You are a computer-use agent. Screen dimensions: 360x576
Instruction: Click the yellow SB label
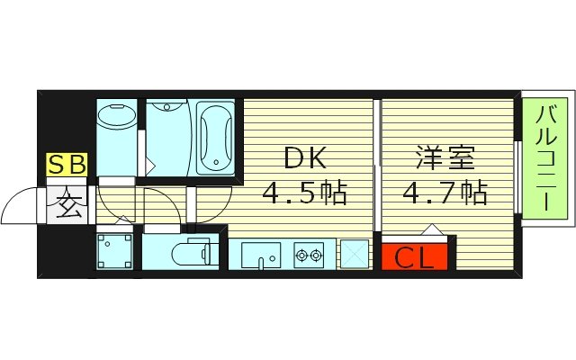[x=67, y=166]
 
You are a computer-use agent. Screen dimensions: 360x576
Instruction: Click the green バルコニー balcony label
[x=545, y=158]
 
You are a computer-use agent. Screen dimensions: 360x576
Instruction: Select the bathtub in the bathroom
[x=216, y=138]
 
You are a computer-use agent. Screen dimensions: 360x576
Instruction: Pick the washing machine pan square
[x=115, y=251]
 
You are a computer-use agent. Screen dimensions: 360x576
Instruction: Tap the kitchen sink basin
[x=261, y=255]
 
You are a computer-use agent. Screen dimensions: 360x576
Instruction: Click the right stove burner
[x=317, y=255]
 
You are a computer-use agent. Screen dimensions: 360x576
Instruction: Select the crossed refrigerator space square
[x=353, y=255]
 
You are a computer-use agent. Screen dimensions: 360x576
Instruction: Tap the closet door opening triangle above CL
[x=431, y=229]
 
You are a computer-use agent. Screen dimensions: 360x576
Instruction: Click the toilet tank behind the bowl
[x=212, y=252]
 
